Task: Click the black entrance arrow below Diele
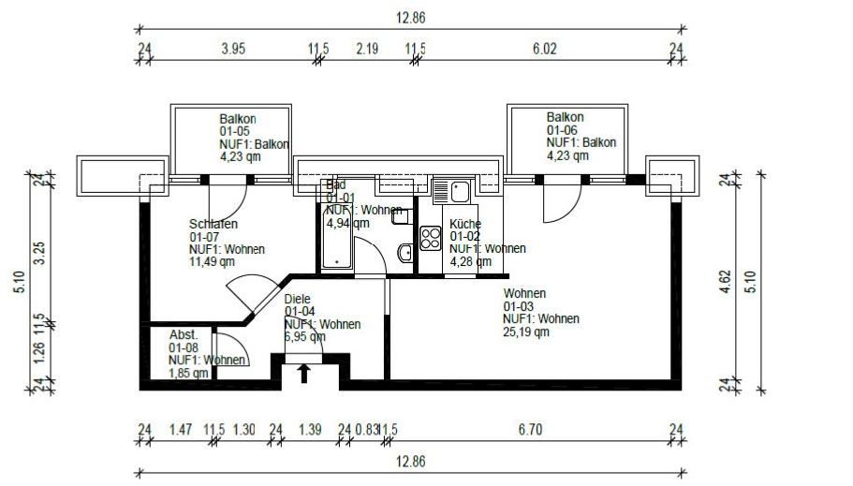coord(304,375)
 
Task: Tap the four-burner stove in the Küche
coord(431,238)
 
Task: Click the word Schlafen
coord(213,225)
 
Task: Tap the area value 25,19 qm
coord(526,331)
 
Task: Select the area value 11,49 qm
coord(212,262)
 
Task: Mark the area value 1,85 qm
coord(188,373)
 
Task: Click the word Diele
coord(299,300)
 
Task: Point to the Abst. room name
coord(183,335)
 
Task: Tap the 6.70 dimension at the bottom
coord(531,429)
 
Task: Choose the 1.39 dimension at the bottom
coord(310,429)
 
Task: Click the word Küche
coord(464,225)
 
